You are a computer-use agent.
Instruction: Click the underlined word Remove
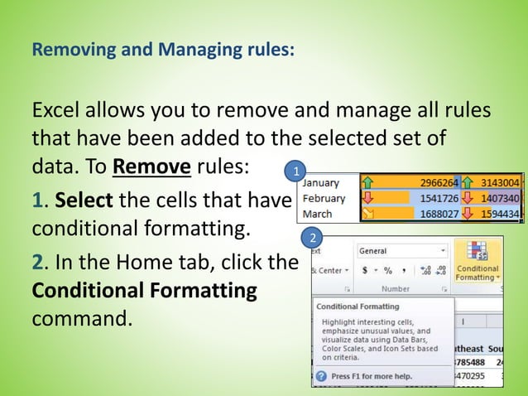tap(152, 166)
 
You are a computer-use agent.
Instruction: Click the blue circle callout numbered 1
tap(290, 172)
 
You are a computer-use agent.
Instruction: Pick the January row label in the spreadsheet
tap(320, 182)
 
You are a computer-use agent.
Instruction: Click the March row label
tap(317, 213)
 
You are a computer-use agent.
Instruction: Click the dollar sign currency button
tap(364, 270)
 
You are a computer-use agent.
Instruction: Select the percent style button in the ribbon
tap(387, 270)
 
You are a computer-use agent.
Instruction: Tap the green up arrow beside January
tap(368, 182)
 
